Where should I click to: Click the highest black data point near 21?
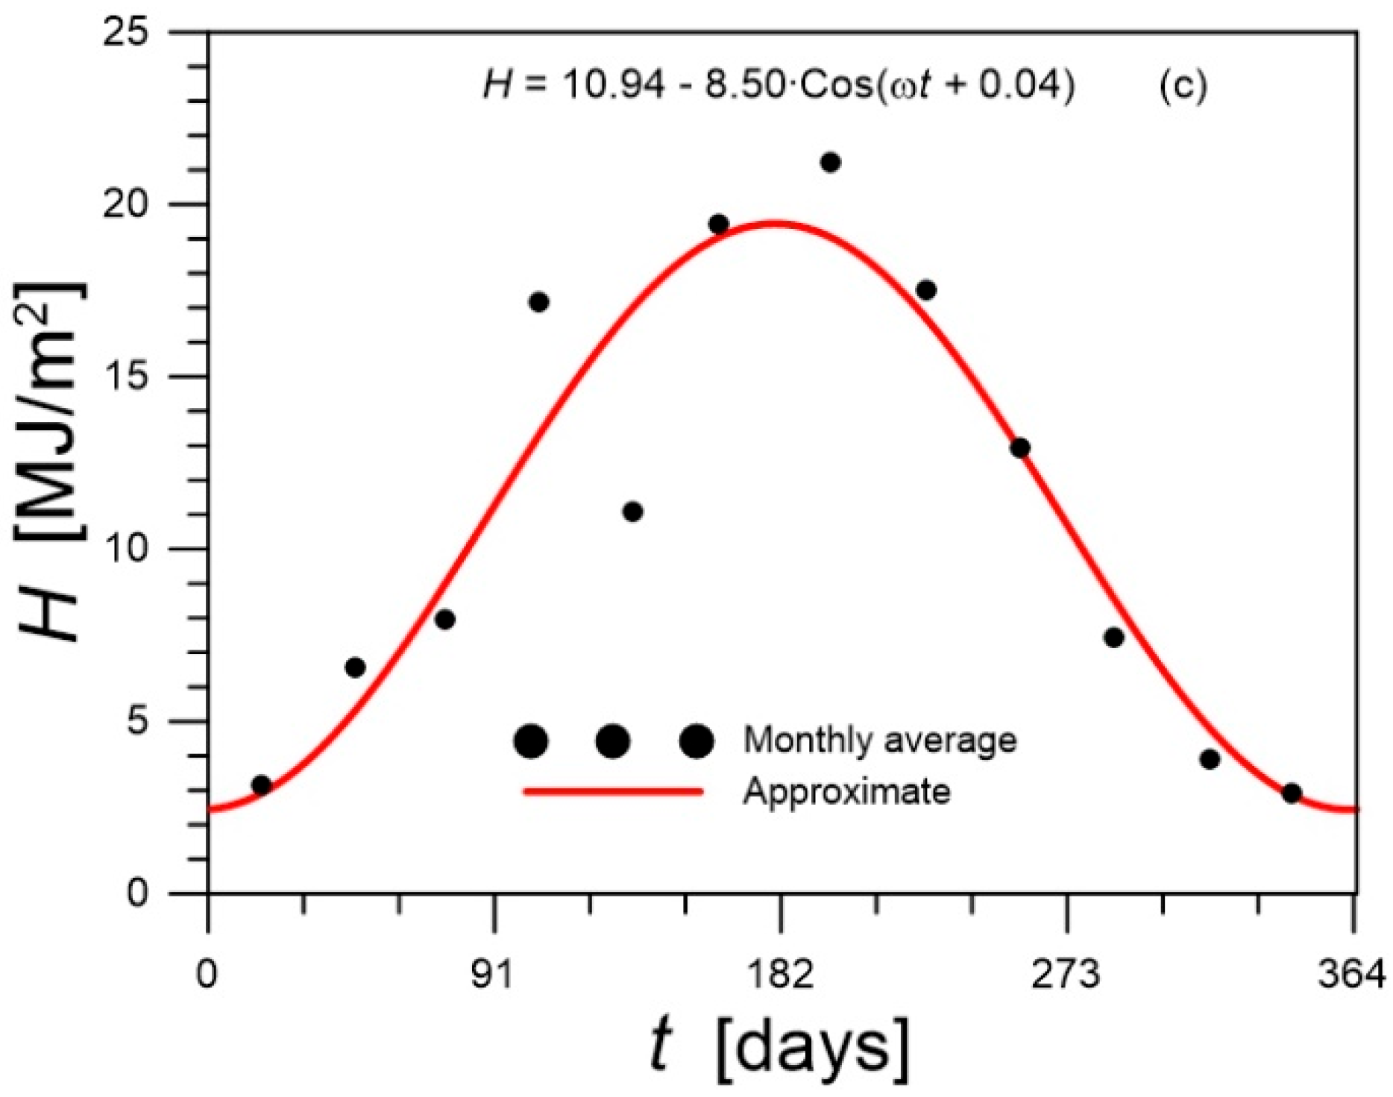pyautogui.click(x=830, y=163)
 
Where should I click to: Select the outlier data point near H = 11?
pyautogui.click(x=632, y=512)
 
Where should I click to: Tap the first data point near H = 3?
pyautogui.click(x=261, y=785)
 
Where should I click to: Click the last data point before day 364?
pyautogui.click(x=1292, y=793)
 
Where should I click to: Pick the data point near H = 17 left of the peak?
pyautogui.click(x=538, y=302)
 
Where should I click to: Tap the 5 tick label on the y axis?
pyautogui.click(x=137, y=721)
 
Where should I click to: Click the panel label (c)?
pyautogui.click(x=1183, y=86)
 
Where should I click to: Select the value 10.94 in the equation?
pyautogui.click(x=613, y=86)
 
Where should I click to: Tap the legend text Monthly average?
pyautogui.click(x=880, y=741)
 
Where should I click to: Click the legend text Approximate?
pyautogui.click(x=846, y=791)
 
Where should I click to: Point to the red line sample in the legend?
pyautogui.click(x=613, y=791)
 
